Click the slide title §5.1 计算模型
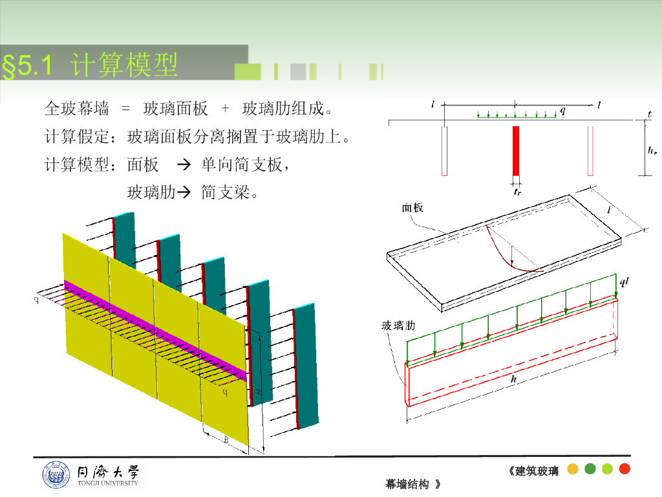point(91,65)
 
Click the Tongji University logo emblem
point(54,475)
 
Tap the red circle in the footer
point(625,469)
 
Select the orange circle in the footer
point(572,469)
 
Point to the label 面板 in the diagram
point(412,208)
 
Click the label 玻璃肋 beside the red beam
point(395,326)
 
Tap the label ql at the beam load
point(624,282)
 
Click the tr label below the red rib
point(517,192)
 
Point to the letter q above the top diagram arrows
point(562,111)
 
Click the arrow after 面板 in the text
point(183,166)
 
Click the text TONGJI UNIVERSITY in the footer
point(107,483)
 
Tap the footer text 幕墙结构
point(407,484)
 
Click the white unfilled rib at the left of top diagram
point(445,151)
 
